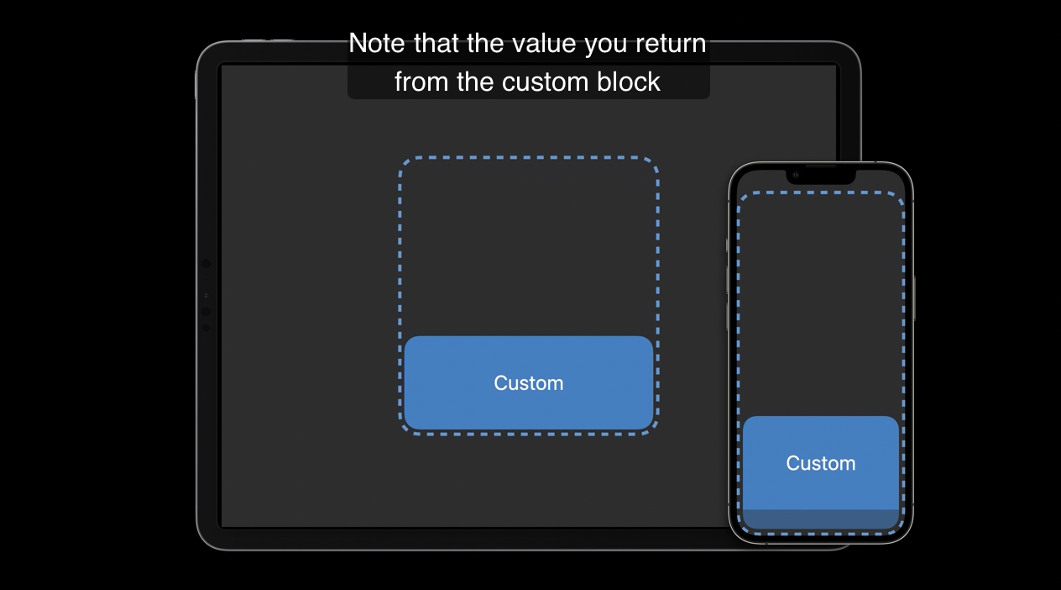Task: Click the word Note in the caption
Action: click(377, 44)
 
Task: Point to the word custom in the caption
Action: click(545, 82)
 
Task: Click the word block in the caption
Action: click(628, 82)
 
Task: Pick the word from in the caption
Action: click(421, 82)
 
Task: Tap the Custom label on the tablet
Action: click(529, 383)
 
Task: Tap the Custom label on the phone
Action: click(821, 463)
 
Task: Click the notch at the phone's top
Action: click(821, 176)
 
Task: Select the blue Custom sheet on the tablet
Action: click(529, 382)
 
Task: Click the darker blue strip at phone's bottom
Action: click(821, 519)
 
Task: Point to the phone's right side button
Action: click(914, 298)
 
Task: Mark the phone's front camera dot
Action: click(796, 176)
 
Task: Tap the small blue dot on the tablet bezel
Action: click(206, 296)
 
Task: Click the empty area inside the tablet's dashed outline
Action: click(529, 246)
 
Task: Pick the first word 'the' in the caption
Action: click(484, 44)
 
